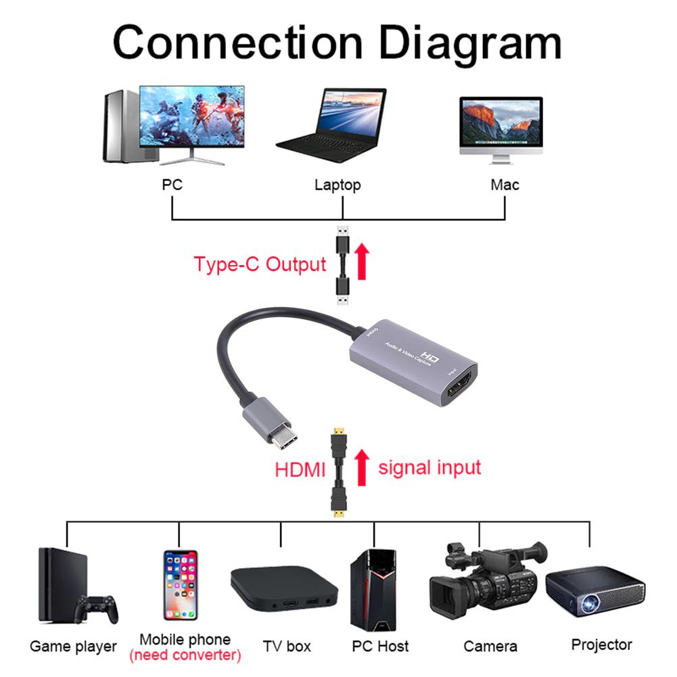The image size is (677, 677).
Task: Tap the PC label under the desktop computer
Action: pyautogui.click(x=172, y=184)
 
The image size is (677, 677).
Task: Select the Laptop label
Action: pyautogui.click(x=337, y=185)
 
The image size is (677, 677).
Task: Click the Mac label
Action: pyautogui.click(x=505, y=185)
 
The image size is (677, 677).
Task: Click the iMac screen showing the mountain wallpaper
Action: pyautogui.click(x=500, y=122)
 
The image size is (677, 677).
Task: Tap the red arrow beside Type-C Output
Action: pyautogui.click(x=363, y=262)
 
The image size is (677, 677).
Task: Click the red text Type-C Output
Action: pyautogui.click(x=260, y=264)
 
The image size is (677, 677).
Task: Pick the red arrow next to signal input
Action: pyautogui.click(x=363, y=466)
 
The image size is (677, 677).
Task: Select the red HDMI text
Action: pyautogui.click(x=300, y=469)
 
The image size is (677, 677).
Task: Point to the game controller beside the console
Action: pyautogui.click(x=97, y=608)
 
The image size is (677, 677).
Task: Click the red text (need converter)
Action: pyautogui.click(x=185, y=655)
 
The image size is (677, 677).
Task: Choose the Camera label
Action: pyautogui.click(x=490, y=647)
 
